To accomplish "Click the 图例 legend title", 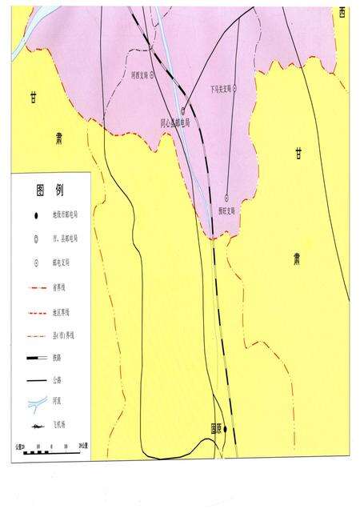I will tap(50, 191).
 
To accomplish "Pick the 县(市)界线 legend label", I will tap(64, 333).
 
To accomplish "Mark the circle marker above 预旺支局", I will tap(226, 197).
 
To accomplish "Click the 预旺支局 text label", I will tap(228, 211).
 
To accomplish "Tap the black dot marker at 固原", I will tap(226, 429).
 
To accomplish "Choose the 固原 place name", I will tap(216, 429).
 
